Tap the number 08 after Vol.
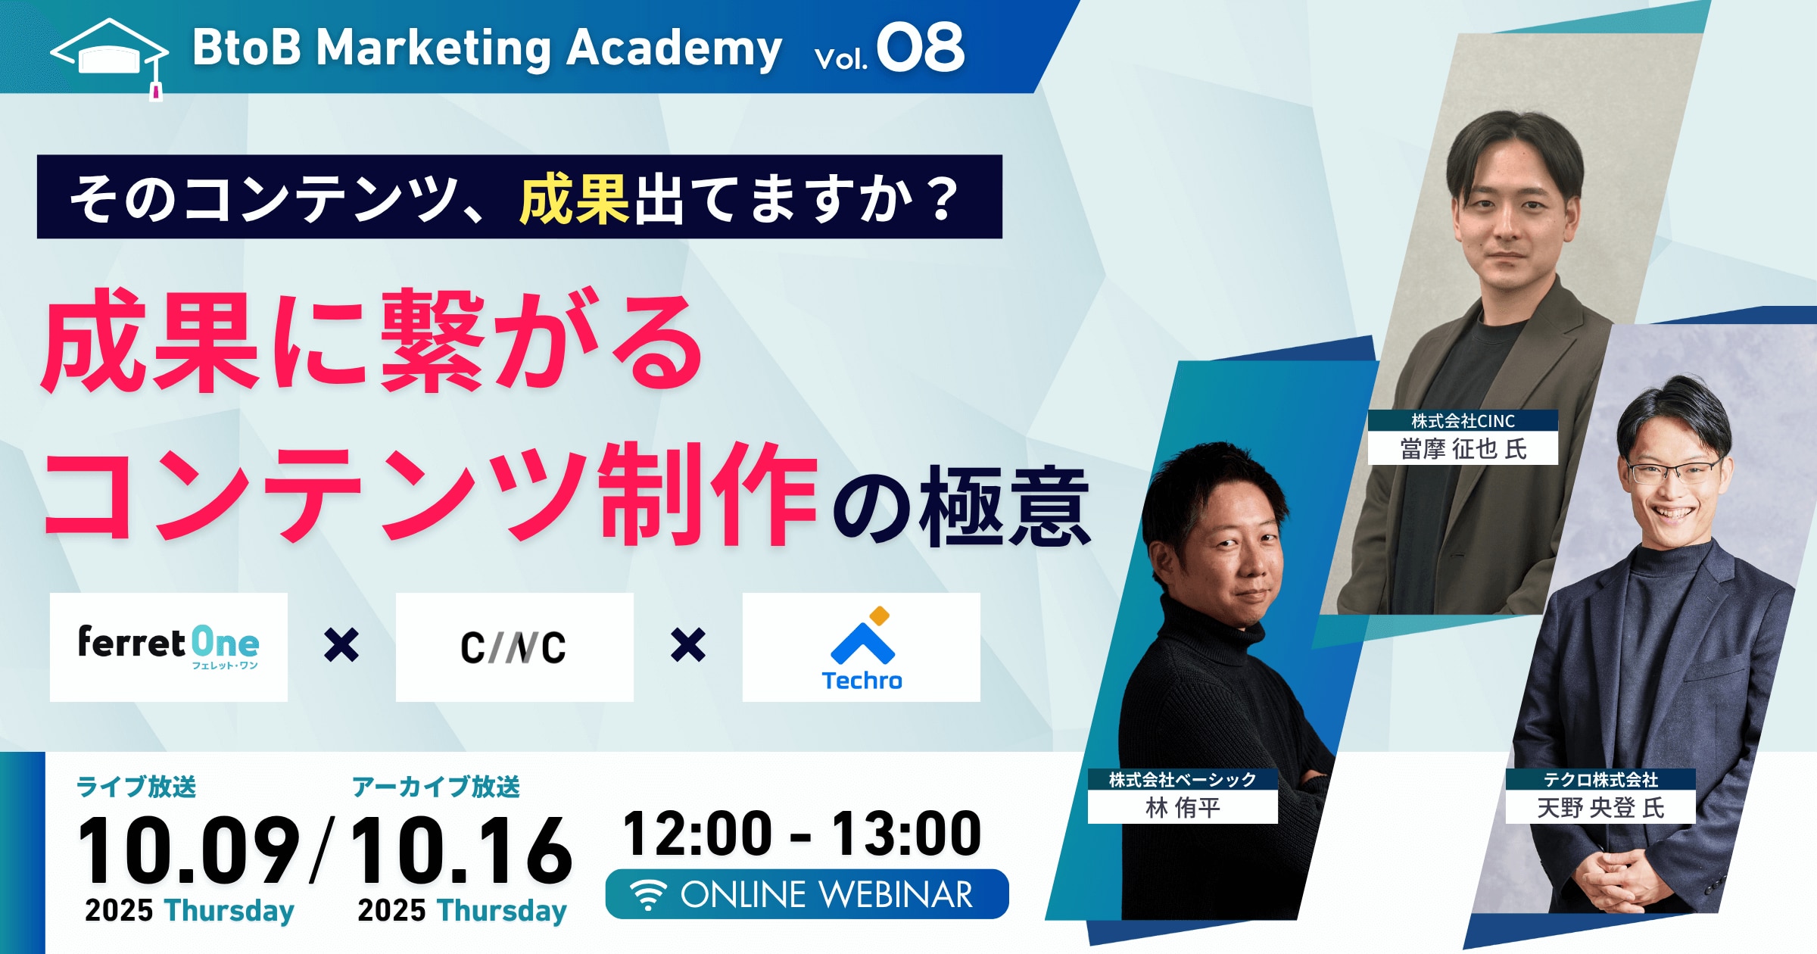tap(920, 48)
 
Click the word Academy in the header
tap(674, 49)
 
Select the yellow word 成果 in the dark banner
tap(574, 198)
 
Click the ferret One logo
tap(168, 647)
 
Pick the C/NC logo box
tap(514, 647)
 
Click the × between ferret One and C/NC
tap(341, 645)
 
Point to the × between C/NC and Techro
tap(688, 645)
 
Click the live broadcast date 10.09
tap(189, 850)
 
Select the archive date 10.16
tap(460, 850)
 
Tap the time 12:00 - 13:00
tap(802, 834)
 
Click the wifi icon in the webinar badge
tap(649, 895)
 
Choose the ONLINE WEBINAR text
tap(827, 895)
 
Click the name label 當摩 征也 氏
tap(1463, 449)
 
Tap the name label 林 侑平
tap(1183, 808)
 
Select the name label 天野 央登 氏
tap(1600, 808)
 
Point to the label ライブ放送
tap(136, 787)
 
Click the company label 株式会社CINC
tap(1463, 421)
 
